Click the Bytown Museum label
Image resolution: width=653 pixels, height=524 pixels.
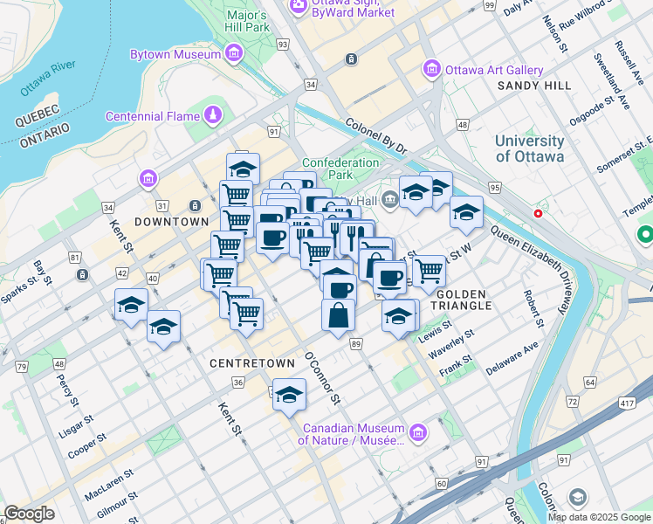coord(175,55)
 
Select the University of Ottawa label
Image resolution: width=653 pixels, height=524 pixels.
coord(529,148)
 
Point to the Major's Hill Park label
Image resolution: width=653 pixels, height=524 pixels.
coord(246,21)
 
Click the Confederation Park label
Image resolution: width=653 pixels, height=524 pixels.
coord(340,169)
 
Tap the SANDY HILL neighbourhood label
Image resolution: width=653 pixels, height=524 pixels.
coord(534,86)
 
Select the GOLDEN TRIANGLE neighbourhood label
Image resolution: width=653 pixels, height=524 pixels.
coord(464,300)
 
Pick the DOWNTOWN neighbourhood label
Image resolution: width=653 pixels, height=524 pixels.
coord(171,222)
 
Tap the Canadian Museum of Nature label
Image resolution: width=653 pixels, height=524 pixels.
coord(354,434)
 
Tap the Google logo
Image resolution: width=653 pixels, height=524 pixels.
coord(29,514)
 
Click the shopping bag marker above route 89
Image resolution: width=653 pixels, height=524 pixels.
coord(338,315)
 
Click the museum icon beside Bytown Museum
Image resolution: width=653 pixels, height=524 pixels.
coord(233,55)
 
